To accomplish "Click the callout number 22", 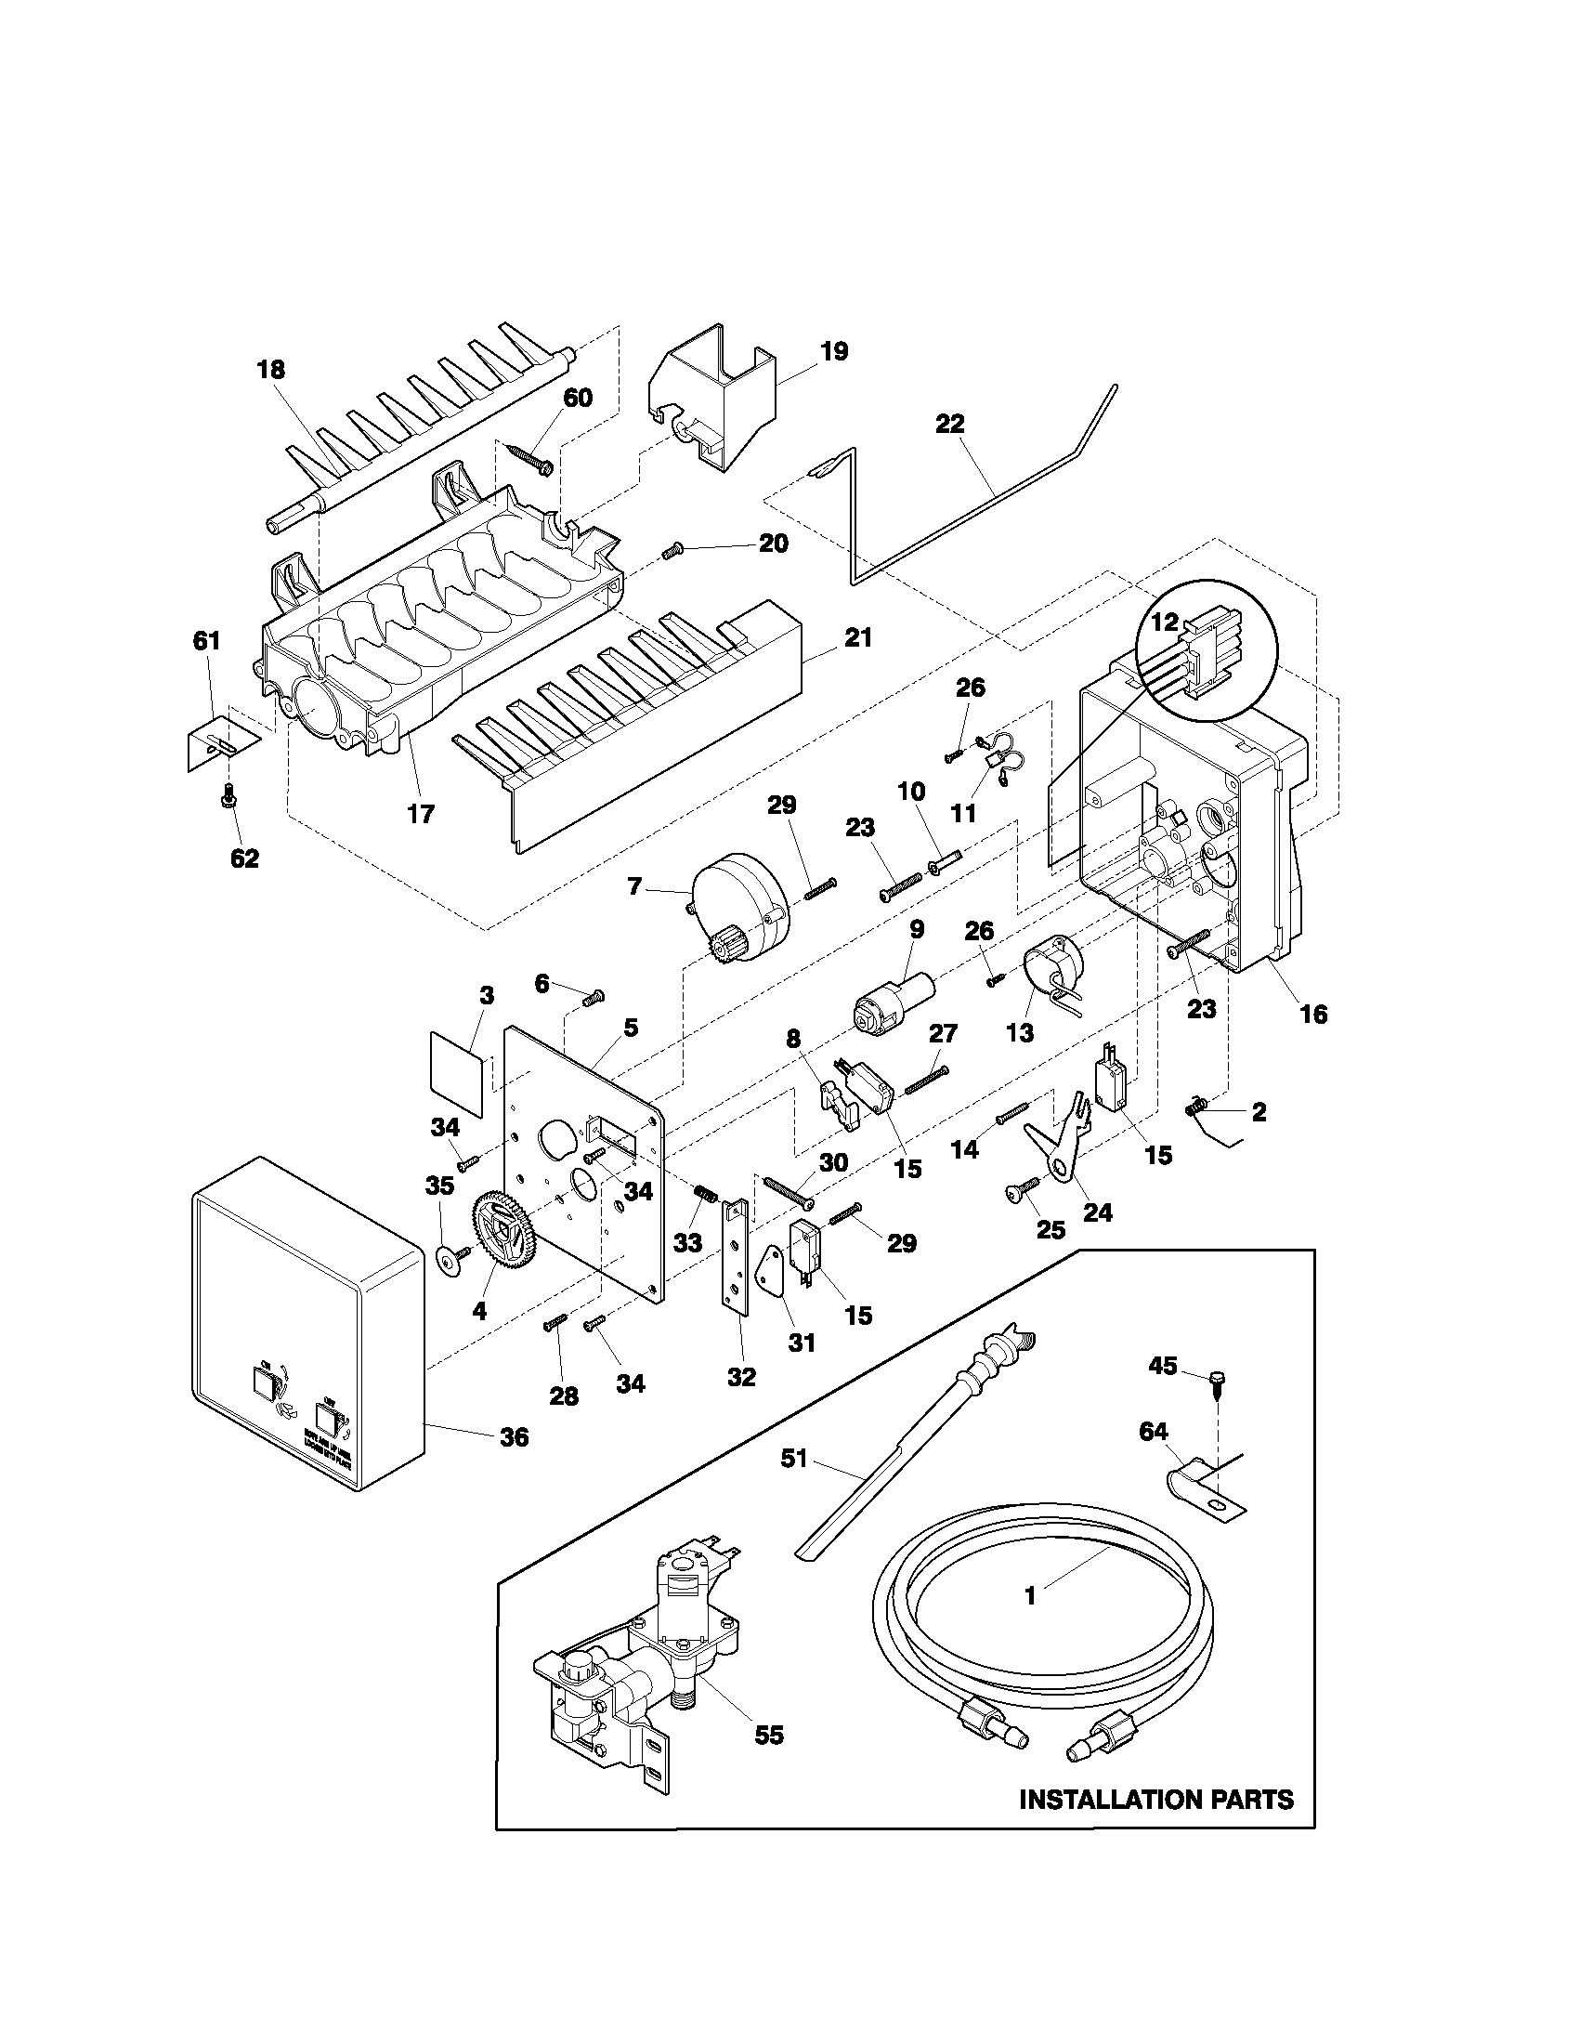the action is pos(949,424).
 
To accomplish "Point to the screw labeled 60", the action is pos(530,459).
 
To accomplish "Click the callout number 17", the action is pos(421,813).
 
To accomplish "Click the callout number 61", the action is pos(206,641).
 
